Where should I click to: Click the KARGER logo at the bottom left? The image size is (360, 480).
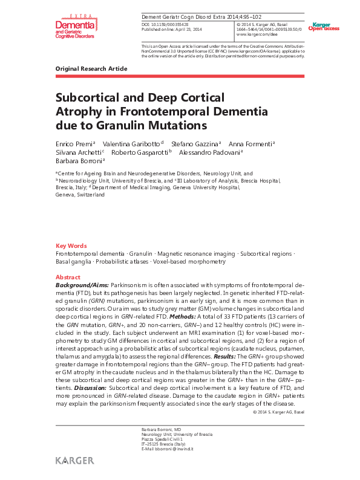(x=74, y=461)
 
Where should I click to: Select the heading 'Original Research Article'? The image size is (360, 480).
(x=91, y=69)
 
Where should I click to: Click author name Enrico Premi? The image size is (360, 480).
(x=73, y=144)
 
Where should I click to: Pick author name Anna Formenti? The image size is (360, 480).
(x=253, y=144)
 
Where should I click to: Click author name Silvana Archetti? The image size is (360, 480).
(x=77, y=152)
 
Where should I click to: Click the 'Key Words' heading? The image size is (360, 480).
(x=71, y=245)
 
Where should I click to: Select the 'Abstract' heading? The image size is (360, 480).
(x=68, y=276)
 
